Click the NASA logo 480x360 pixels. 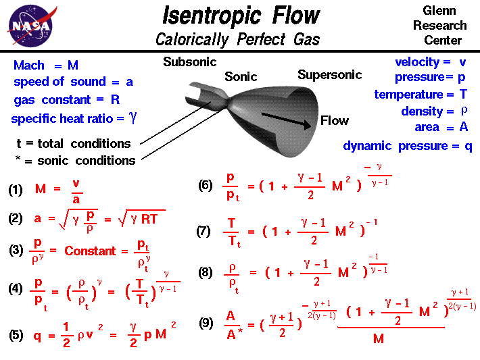pyautogui.click(x=30, y=26)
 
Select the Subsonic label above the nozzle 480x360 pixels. pyautogui.click(x=189, y=62)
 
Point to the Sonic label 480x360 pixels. pyautogui.click(x=241, y=77)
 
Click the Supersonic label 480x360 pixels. pyautogui.click(x=329, y=74)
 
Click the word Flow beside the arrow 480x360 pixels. pyautogui.click(x=334, y=121)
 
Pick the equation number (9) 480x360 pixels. pyautogui.click(x=206, y=324)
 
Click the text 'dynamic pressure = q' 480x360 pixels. pyautogui.click(x=407, y=146)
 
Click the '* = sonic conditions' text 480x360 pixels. pyautogui.click(x=74, y=160)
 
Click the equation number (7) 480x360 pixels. pyautogui.click(x=203, y=231)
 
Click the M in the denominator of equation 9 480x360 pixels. pyautogui.click(x=379, y=338)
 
